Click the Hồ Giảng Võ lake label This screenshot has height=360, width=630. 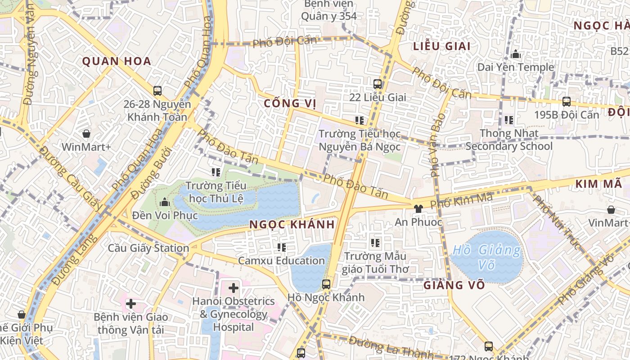(486, 256)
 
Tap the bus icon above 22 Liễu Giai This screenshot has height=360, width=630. (378, 84)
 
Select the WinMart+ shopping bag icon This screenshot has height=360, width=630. (86, 134)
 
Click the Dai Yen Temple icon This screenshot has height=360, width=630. (516, 54)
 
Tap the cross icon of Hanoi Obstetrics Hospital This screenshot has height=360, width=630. (234, 288)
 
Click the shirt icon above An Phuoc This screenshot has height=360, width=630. (418, 208)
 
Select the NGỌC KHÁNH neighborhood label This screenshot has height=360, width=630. (292, 224)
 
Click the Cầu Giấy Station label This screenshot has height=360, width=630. (148, 248)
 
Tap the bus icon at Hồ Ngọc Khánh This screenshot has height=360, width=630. (326, 284)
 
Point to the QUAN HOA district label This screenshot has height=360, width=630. (116, 61)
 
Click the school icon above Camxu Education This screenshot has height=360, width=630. (282, 247)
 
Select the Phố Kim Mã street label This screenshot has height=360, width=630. (461, 200)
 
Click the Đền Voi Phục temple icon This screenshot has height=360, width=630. (165, 202)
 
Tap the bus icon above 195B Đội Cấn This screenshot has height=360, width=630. (567, 101)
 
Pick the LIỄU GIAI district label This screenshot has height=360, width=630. (441, 46)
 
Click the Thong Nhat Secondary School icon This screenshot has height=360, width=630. (509, 120)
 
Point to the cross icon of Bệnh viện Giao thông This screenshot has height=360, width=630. (131, 304)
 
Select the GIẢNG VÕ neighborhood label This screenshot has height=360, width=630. (454, 285)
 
